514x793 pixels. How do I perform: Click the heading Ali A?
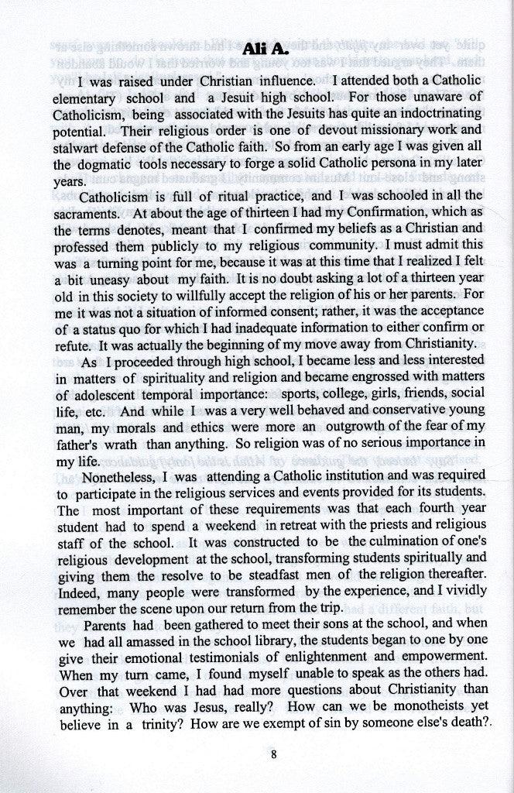266,49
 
